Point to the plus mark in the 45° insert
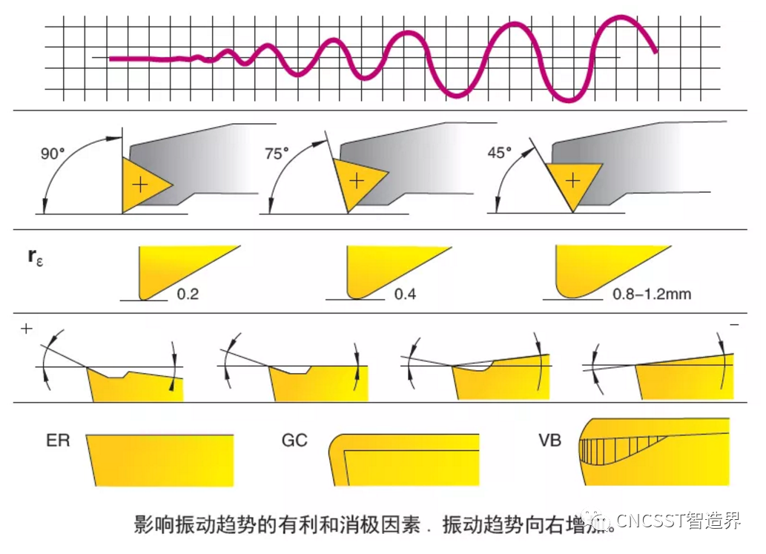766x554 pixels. tap(572, 180)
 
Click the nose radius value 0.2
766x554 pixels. tap(188, 294)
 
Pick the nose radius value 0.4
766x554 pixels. tap(405, 294)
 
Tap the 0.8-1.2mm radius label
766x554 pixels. tap(652, 294)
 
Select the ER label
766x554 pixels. tap(57, 441)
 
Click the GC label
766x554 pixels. tap(294, 441)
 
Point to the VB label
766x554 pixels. tap(549, 441)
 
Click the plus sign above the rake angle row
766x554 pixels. tap(27, 329)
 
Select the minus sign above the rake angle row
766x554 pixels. tap(733, 326)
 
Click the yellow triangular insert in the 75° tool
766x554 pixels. tap(359, 181)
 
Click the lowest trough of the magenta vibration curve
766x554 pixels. tap(569, 100)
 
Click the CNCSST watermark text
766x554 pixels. tap(671, 521)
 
